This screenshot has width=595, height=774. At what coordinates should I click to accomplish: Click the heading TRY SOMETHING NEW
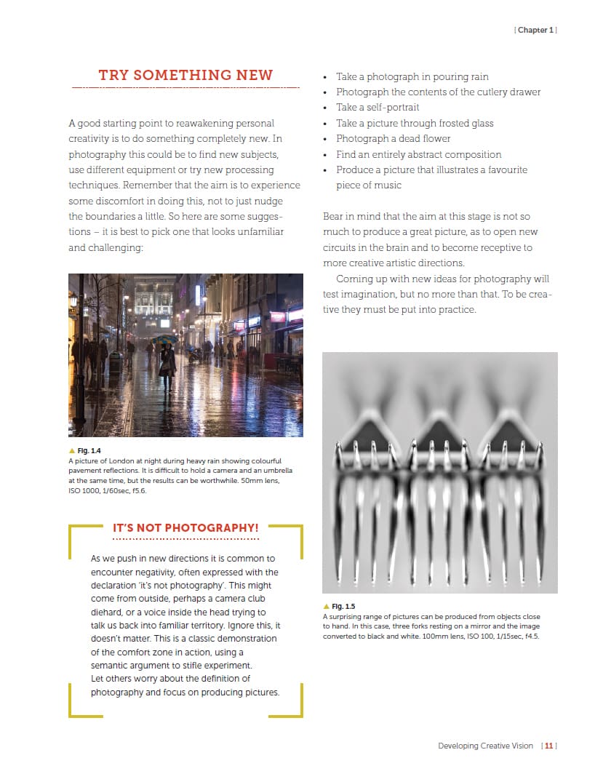pos(185,76)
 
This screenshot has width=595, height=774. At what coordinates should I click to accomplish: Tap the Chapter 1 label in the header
pos(536,30)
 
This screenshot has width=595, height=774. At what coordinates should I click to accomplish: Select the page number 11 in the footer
pos(549,746)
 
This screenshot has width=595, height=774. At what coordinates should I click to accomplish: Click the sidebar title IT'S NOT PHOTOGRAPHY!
pos(185,527)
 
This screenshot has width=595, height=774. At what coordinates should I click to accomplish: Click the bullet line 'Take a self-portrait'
pos(378,108)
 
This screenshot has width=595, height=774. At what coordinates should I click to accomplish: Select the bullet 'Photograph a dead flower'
pos(393,138)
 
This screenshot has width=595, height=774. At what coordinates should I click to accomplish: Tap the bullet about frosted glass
pos(415,123)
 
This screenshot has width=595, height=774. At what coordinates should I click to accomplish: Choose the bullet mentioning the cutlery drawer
pos(438,92)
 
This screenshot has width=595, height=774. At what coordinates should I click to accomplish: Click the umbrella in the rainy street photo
pos(165,339)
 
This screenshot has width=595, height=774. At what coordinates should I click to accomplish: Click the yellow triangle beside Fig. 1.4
pos(71,451)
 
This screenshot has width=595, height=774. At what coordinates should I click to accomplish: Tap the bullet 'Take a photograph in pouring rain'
pos(412,76)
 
